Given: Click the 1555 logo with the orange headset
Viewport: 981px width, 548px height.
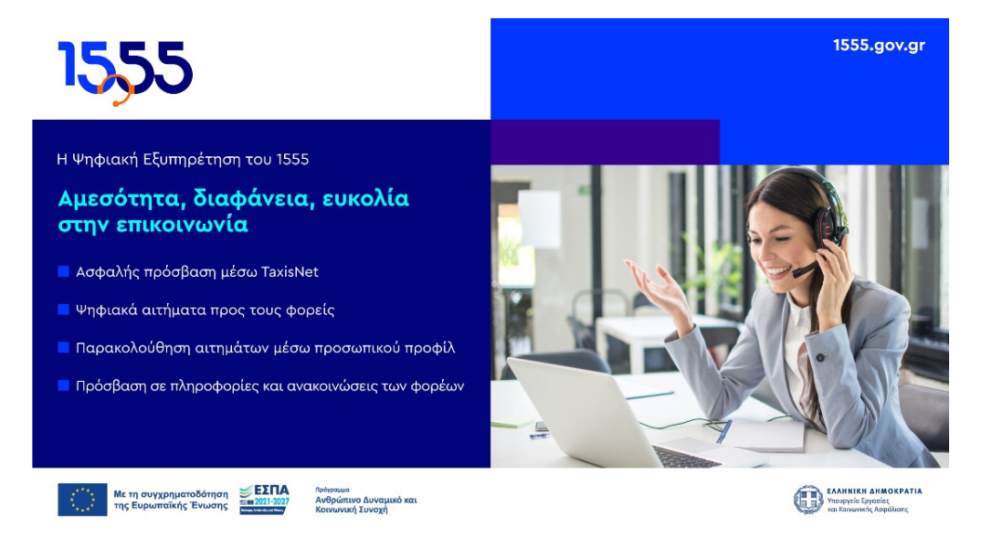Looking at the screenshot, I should coord(125,71).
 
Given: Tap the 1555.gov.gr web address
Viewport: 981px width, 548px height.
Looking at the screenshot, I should coord(879,46).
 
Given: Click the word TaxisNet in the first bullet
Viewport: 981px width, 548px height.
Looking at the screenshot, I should coord(290,272).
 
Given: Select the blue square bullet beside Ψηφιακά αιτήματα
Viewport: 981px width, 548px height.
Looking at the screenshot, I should coord(63,310).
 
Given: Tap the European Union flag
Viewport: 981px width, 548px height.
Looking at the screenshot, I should coord(82,500).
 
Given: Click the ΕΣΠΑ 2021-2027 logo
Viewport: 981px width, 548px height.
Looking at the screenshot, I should coord(264,499).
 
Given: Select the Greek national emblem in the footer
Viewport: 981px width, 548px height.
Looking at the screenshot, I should coord(807,500).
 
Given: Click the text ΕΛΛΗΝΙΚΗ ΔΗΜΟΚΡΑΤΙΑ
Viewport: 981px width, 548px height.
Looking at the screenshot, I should coord(874,491).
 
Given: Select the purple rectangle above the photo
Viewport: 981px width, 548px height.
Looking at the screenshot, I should coord(605,142).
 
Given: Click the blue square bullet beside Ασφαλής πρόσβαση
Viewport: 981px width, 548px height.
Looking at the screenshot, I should coord(63,271).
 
